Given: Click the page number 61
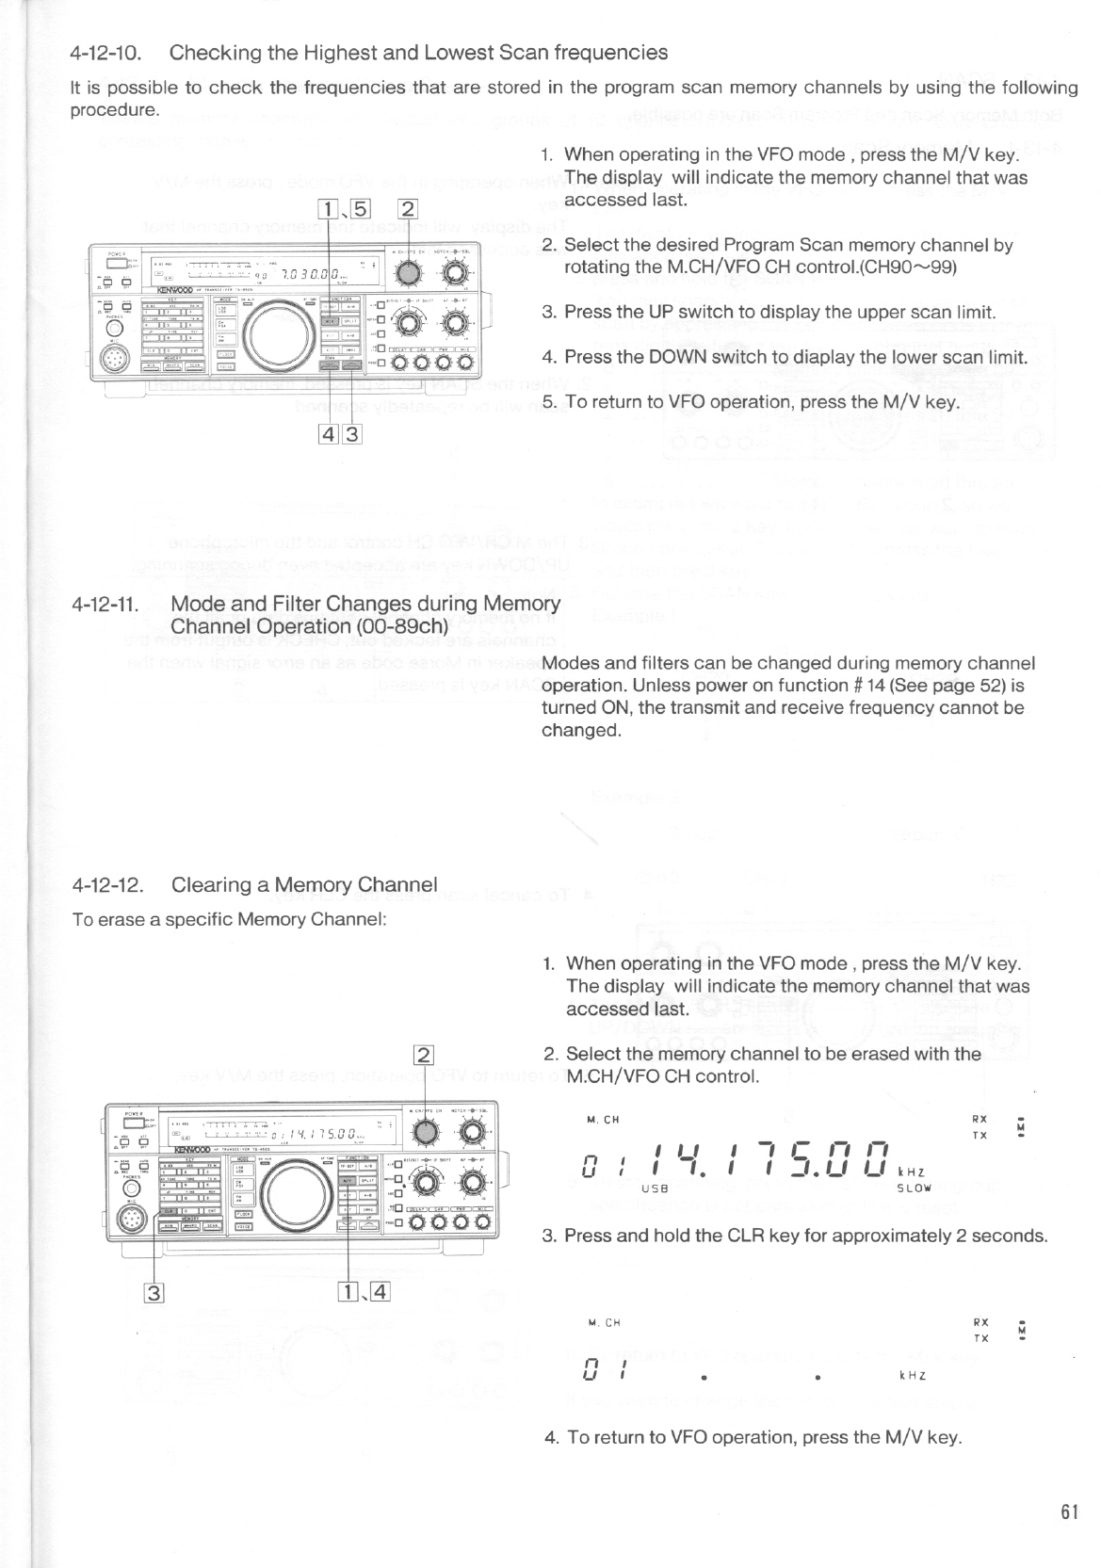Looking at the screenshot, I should pos(1068,1512).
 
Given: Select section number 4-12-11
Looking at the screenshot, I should pos(105,605).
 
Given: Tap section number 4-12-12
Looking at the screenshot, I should pos(107,885).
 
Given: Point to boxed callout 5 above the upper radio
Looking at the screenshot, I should pos(364,209).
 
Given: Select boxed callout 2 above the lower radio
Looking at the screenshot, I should pos(425,1055).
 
